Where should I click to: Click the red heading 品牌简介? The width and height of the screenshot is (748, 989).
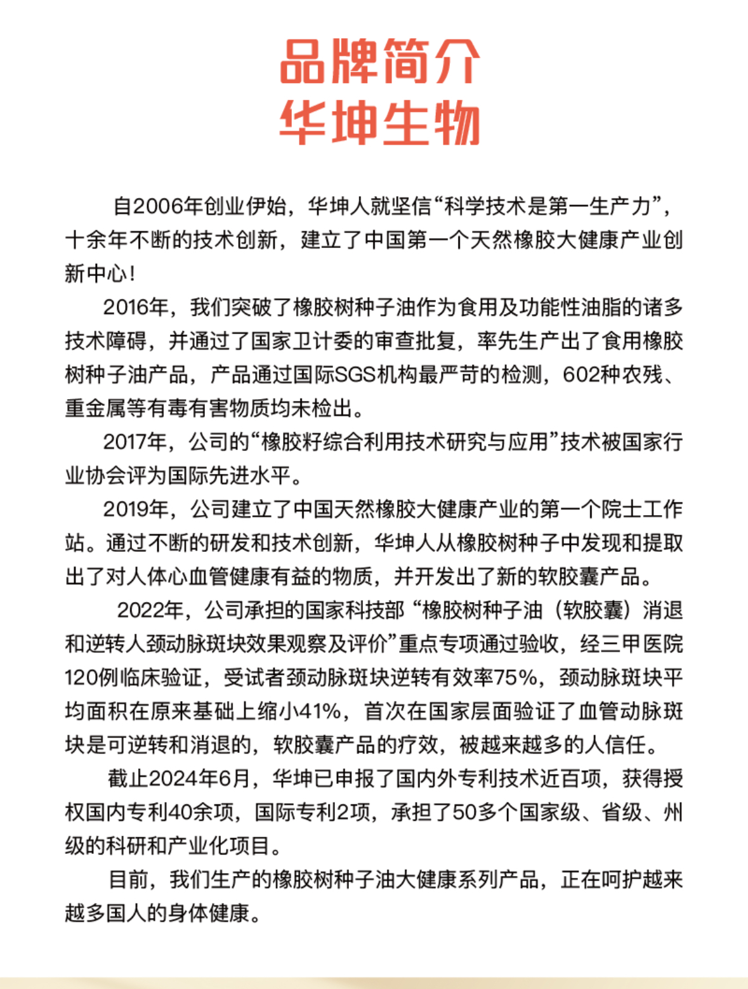tap(379, 62)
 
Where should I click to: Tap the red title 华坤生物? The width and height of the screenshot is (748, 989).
tap(379, 122)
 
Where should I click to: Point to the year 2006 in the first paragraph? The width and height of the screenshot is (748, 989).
tap(157, 206)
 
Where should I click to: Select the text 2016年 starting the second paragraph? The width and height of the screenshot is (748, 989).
tap(136, 307)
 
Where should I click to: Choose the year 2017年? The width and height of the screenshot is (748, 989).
tap(136, 442)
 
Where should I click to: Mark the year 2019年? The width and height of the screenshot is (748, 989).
tap(136, 509)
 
